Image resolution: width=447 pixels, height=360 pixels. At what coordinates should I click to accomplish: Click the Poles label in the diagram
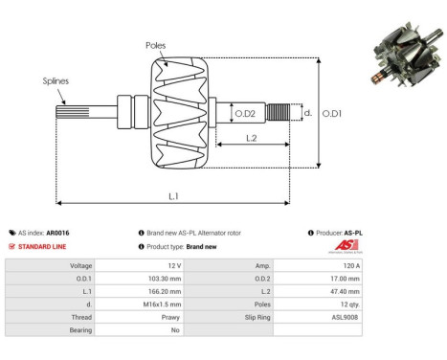click(x=156, y=45)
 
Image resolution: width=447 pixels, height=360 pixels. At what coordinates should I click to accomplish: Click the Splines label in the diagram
click(x=55, y=81)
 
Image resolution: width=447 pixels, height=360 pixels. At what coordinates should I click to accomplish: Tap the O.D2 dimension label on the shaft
click(x=245, y=114)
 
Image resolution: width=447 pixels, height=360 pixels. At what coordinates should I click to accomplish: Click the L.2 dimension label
click(x=250, y=139)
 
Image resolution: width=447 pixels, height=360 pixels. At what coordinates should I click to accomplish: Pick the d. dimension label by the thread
click(x=307, y=112)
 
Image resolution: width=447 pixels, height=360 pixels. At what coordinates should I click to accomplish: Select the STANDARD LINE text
click(x=43, y=246)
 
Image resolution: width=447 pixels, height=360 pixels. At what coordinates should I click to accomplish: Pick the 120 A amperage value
click(x=350, y=265)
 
